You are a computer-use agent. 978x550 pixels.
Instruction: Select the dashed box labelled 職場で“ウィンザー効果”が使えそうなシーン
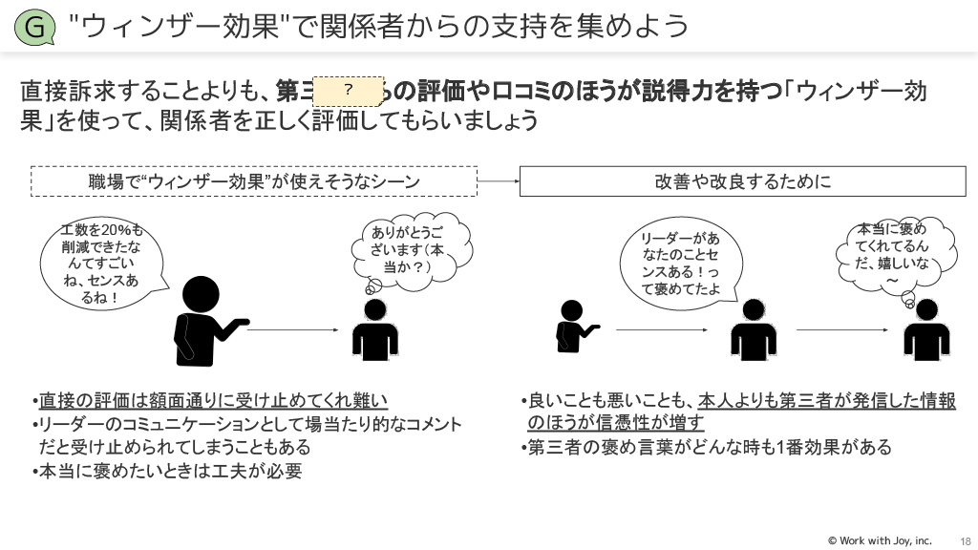[x=254, y=180]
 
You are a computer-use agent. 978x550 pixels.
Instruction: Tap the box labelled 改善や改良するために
[x=742, y=180]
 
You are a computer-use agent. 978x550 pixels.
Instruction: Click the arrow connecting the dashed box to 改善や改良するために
[x=498, y=180]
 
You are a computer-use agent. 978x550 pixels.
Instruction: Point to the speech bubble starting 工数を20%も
[x=100, y=263]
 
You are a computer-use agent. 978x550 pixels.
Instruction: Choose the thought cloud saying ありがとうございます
[x=409, y=250]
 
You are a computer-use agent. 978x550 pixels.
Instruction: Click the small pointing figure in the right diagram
[x=573, y=328]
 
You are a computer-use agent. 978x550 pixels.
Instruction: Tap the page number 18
[x=965, y=540]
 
